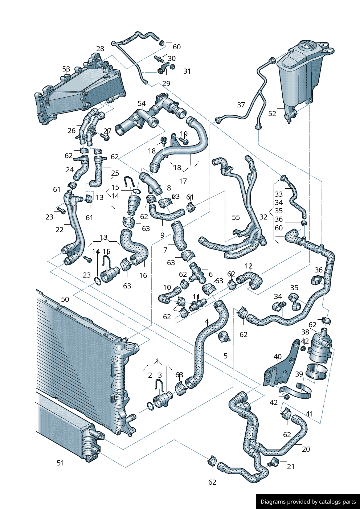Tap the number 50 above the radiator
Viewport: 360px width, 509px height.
(x=65, y=299)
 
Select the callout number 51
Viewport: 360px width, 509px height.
(x=60, y=463)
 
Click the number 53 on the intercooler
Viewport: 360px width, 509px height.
(x=66, y=69)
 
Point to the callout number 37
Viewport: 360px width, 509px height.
(x=241, y=105)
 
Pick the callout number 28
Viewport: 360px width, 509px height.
(x=100, y=49)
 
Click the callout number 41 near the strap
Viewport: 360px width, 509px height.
(x=309, y=414)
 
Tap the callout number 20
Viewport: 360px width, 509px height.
(x=306, y=449)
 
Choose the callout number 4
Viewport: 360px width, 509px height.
(x=207, y=321)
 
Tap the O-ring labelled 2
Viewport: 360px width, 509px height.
(x=150, y=405)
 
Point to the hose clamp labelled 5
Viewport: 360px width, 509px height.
(x=224, y=337)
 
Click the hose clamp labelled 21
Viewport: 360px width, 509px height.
(x=273, y=463)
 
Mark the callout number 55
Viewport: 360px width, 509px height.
(x=236, y=217)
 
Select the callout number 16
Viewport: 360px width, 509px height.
(x=143, y=275)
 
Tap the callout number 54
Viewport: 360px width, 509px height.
(x=142, y=103)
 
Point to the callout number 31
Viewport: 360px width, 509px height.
(x=187, y=71)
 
